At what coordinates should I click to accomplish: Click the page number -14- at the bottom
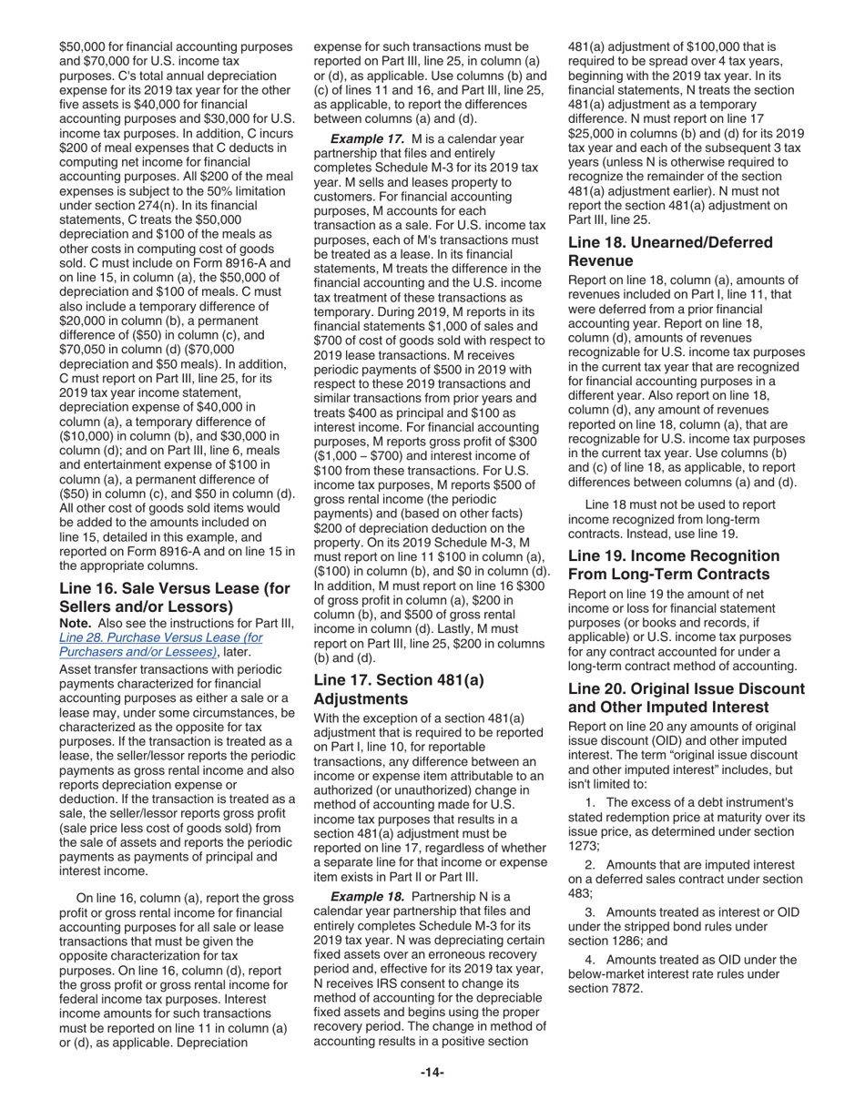coord(432,1072)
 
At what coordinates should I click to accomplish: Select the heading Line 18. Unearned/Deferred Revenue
coord(670,250)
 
